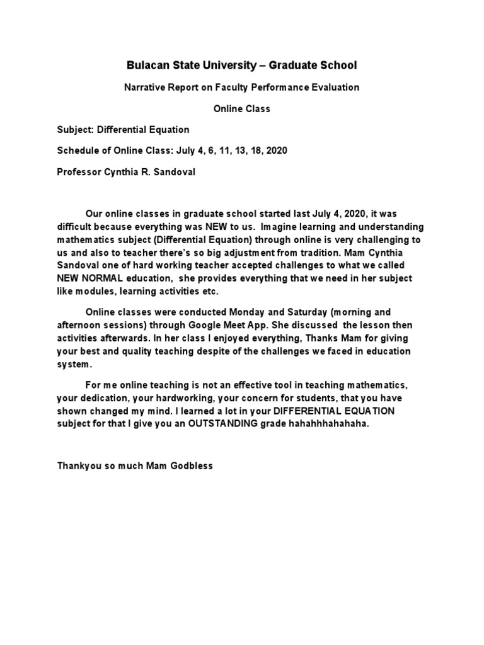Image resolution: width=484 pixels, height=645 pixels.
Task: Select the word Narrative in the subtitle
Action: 143,88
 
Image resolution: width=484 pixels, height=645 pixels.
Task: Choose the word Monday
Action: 250,312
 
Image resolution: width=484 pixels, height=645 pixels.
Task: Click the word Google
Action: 216,326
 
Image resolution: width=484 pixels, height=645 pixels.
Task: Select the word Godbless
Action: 191,467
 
